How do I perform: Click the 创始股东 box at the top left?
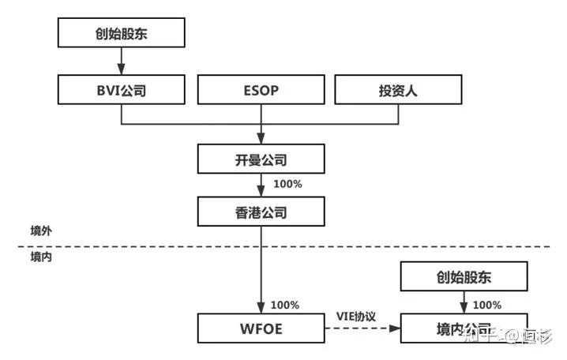point(121,33)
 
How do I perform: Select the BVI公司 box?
point(121,90)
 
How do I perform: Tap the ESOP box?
point(261,90)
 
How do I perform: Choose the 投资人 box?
point(398,90)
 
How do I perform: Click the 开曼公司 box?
point(261,159)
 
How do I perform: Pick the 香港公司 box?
point(261,212)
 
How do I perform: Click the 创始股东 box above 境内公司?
point(463,277)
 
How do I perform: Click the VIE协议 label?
point(357,316)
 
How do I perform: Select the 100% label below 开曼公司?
point(287,184)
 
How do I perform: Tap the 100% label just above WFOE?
point(284,305)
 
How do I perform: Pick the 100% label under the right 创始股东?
point(486,304)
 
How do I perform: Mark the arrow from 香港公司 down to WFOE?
point(261,268)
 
